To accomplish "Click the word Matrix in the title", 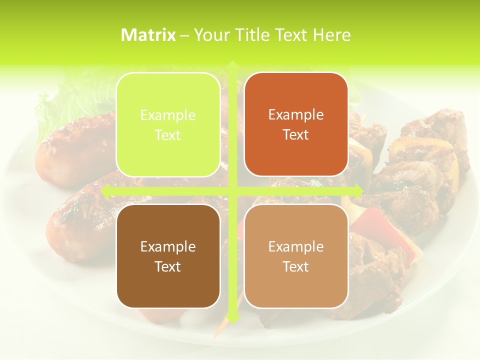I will click(148, 35).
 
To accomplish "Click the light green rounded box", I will click(168, 124).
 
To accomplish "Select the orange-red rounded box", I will click(296, 124).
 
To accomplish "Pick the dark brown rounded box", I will click(168, 256).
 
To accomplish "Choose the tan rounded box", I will click(296, 256).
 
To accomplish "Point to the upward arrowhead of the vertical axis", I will click(232, 64).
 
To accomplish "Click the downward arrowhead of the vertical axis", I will click(232, 317).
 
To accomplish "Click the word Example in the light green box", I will click(168, 115).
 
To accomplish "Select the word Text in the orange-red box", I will click(296, 135).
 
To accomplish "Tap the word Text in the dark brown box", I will click(168, 266).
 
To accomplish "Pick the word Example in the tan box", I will click(296, 246).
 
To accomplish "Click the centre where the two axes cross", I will click(232, 190).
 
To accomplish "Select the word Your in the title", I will click(209, 35).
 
